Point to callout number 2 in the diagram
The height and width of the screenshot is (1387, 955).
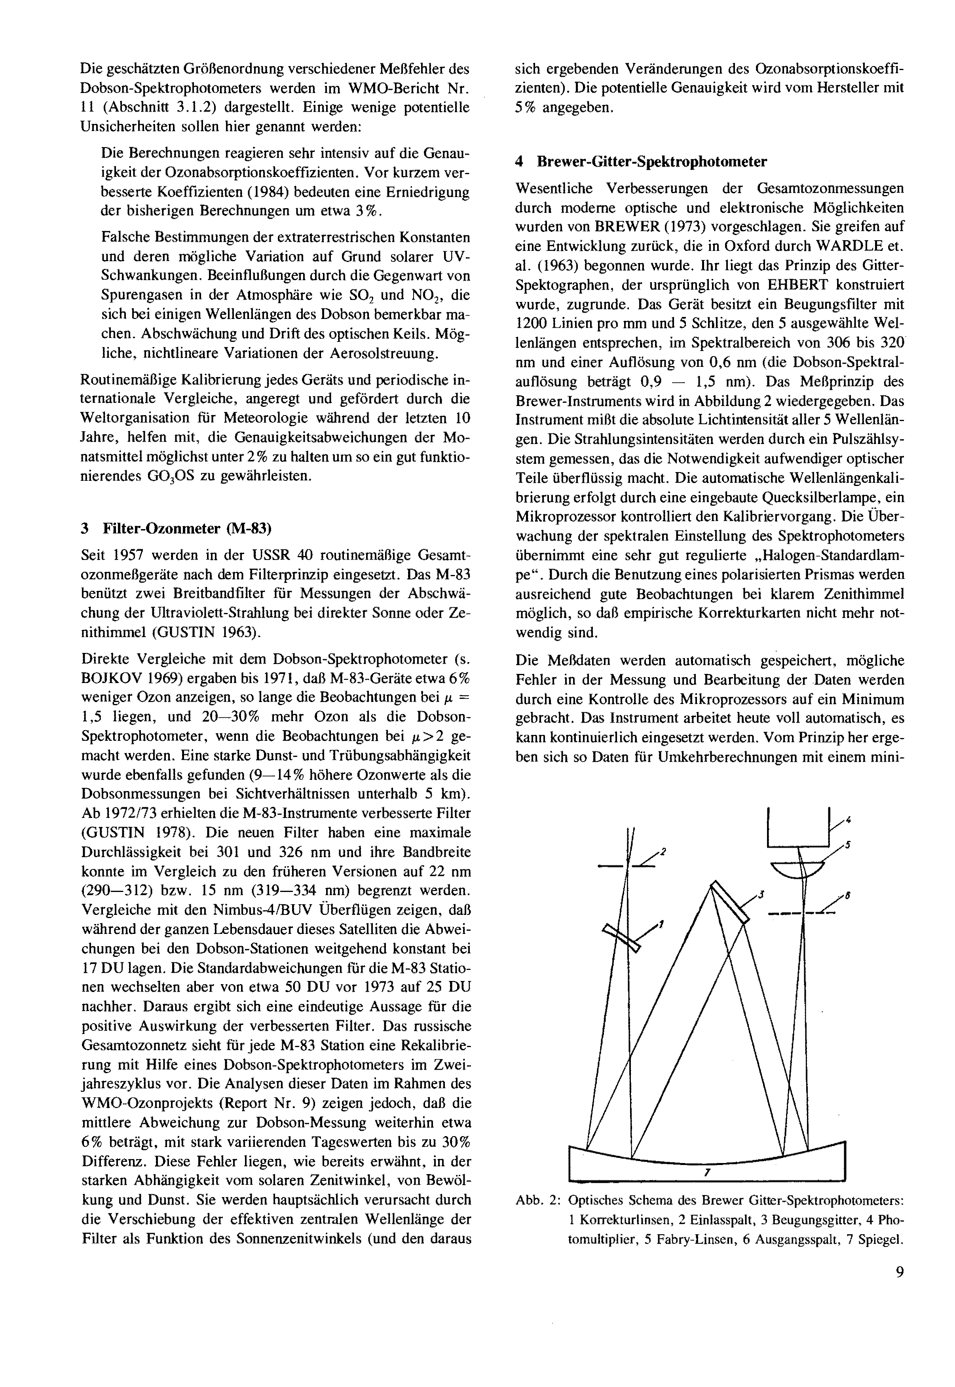tap(663, 850)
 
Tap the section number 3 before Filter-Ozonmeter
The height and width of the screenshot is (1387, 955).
tap(85, 528)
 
